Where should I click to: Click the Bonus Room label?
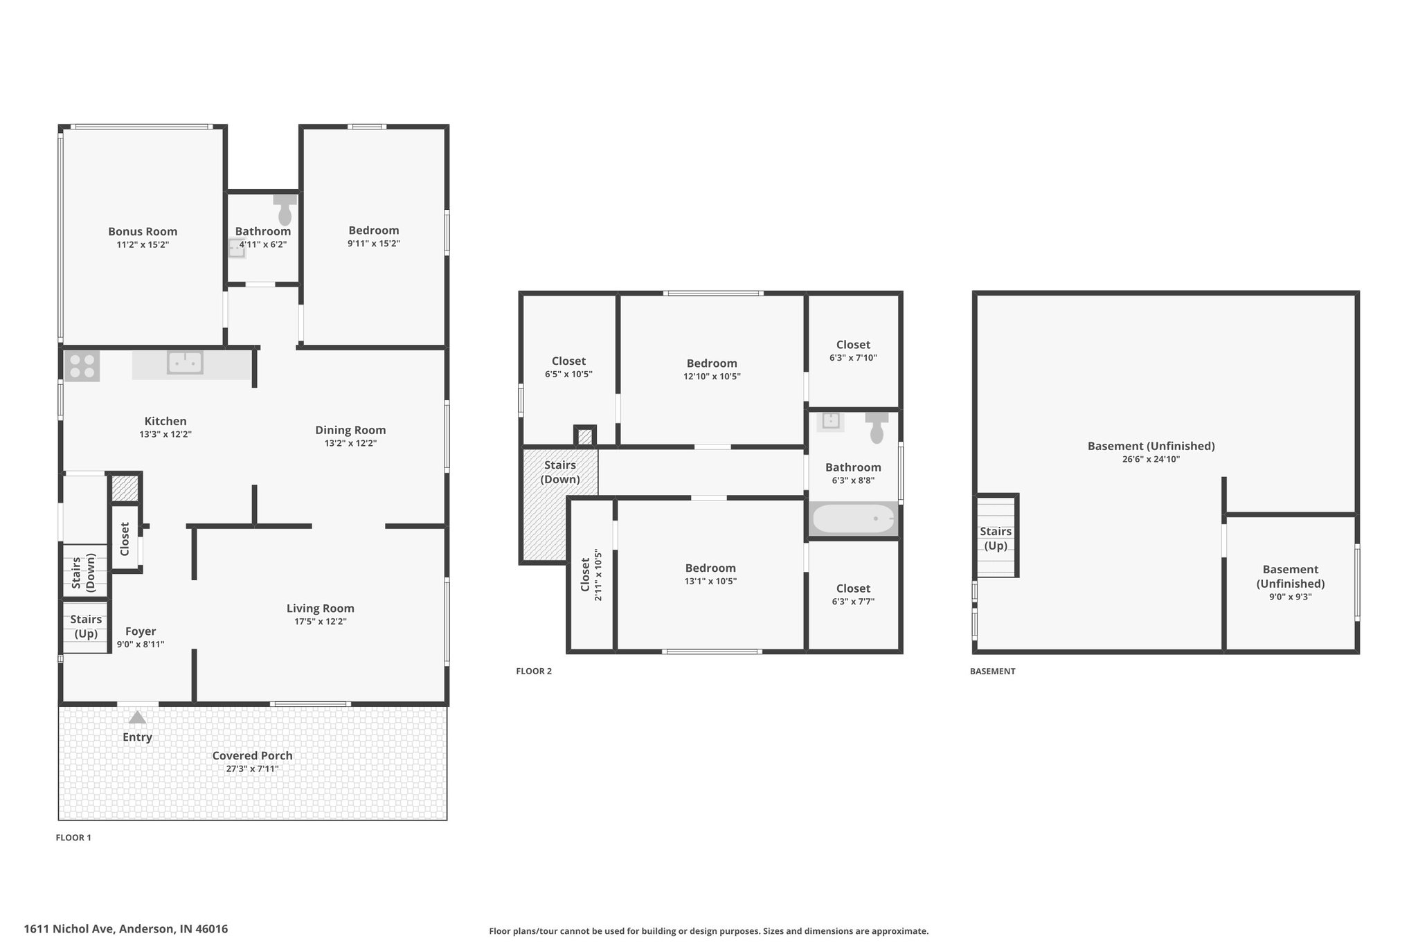click(x=143, y=232)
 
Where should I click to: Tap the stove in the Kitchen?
click(x=82, y=366)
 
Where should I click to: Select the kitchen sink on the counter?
click(x=185, y=362)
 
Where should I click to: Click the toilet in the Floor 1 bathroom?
click(x=285, y=209)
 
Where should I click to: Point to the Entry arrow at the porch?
click(x=137, y=717)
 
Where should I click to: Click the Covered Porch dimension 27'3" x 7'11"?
click(x=253, y=768)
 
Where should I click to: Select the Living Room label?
click(x=321, y=609)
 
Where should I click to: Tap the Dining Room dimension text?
click(x=350, y=443)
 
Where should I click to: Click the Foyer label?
click(x=141, y=631)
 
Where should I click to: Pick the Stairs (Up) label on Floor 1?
click(x=86, y=627)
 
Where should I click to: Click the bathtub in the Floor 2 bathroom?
click(x=854, y=519)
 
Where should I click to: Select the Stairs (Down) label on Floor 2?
click(x=560, y=472)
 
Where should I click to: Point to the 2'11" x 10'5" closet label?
click(x=591, y=575)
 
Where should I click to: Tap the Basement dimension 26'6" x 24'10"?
click(x=1151, y=459)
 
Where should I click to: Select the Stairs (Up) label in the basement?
click(x=996, y=539)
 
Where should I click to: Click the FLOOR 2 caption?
click(x=534, y=671)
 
